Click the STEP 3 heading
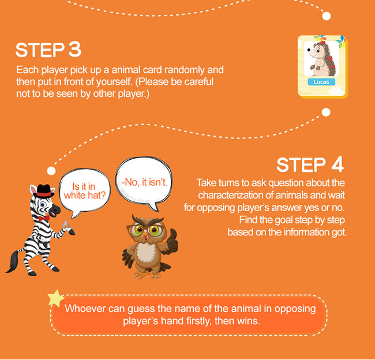tap(48, 50)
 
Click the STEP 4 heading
tap(310, 164)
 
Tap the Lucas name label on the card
tap(321, 82)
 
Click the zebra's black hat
tap(43, 191)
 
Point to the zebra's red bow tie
tap(44, 218)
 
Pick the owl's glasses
tap(145, 230)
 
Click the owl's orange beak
tap(145, 237)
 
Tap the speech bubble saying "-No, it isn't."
tap(144, 183)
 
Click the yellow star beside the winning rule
tap(56, 298)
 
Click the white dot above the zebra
tap(51, 171)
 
